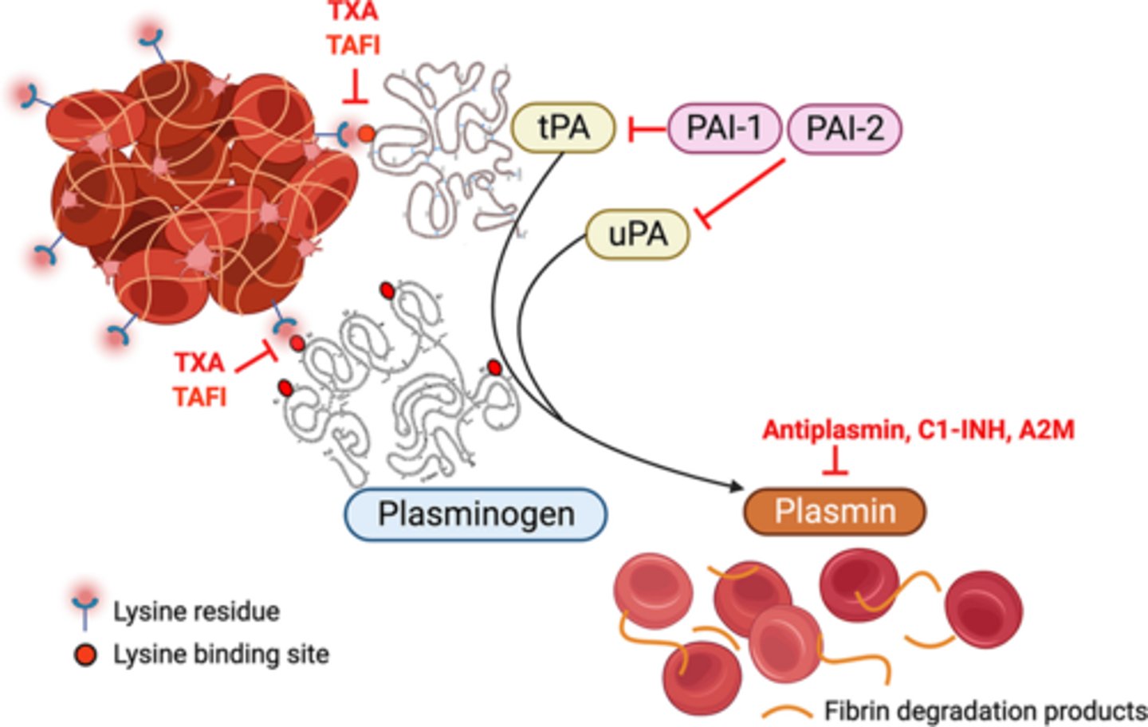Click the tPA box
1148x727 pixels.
coord(563,128)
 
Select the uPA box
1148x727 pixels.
coord(637,234)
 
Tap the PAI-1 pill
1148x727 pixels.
coord(724,128)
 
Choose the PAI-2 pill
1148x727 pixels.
coord(844,128)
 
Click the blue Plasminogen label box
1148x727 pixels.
coord(476,514)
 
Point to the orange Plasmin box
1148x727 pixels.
coord(835,511)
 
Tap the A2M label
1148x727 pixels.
coord(1046,430)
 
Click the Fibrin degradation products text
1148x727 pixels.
coord(985,709)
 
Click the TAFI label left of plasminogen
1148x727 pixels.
coord(200,396)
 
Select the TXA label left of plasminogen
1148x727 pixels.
coord(199,363)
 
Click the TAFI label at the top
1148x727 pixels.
coord(353,45)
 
